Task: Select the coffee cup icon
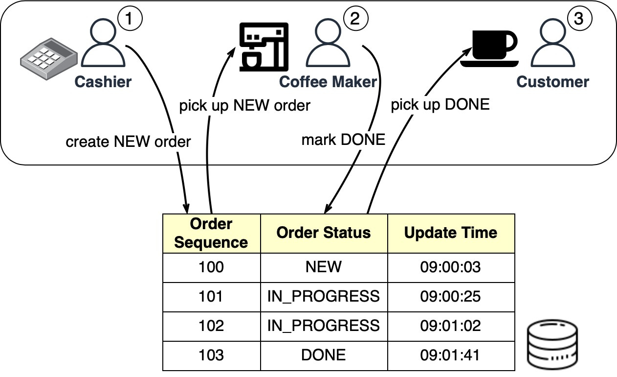[489, 47]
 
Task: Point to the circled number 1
[130, 19]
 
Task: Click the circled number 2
[355, 19]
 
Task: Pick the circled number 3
[579, 19]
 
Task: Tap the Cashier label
[103, 81]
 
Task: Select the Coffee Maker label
[328, 81]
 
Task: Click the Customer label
[553, 81]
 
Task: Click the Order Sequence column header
[211, 233]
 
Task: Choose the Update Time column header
[450, 233]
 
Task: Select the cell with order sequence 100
[211, 267]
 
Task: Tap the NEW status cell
[324, 267]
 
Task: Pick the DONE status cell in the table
[324, 355]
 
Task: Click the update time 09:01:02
[450, 326]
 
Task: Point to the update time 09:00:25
[450, 296]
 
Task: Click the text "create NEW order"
[128, 142]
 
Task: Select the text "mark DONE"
[343, 140]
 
